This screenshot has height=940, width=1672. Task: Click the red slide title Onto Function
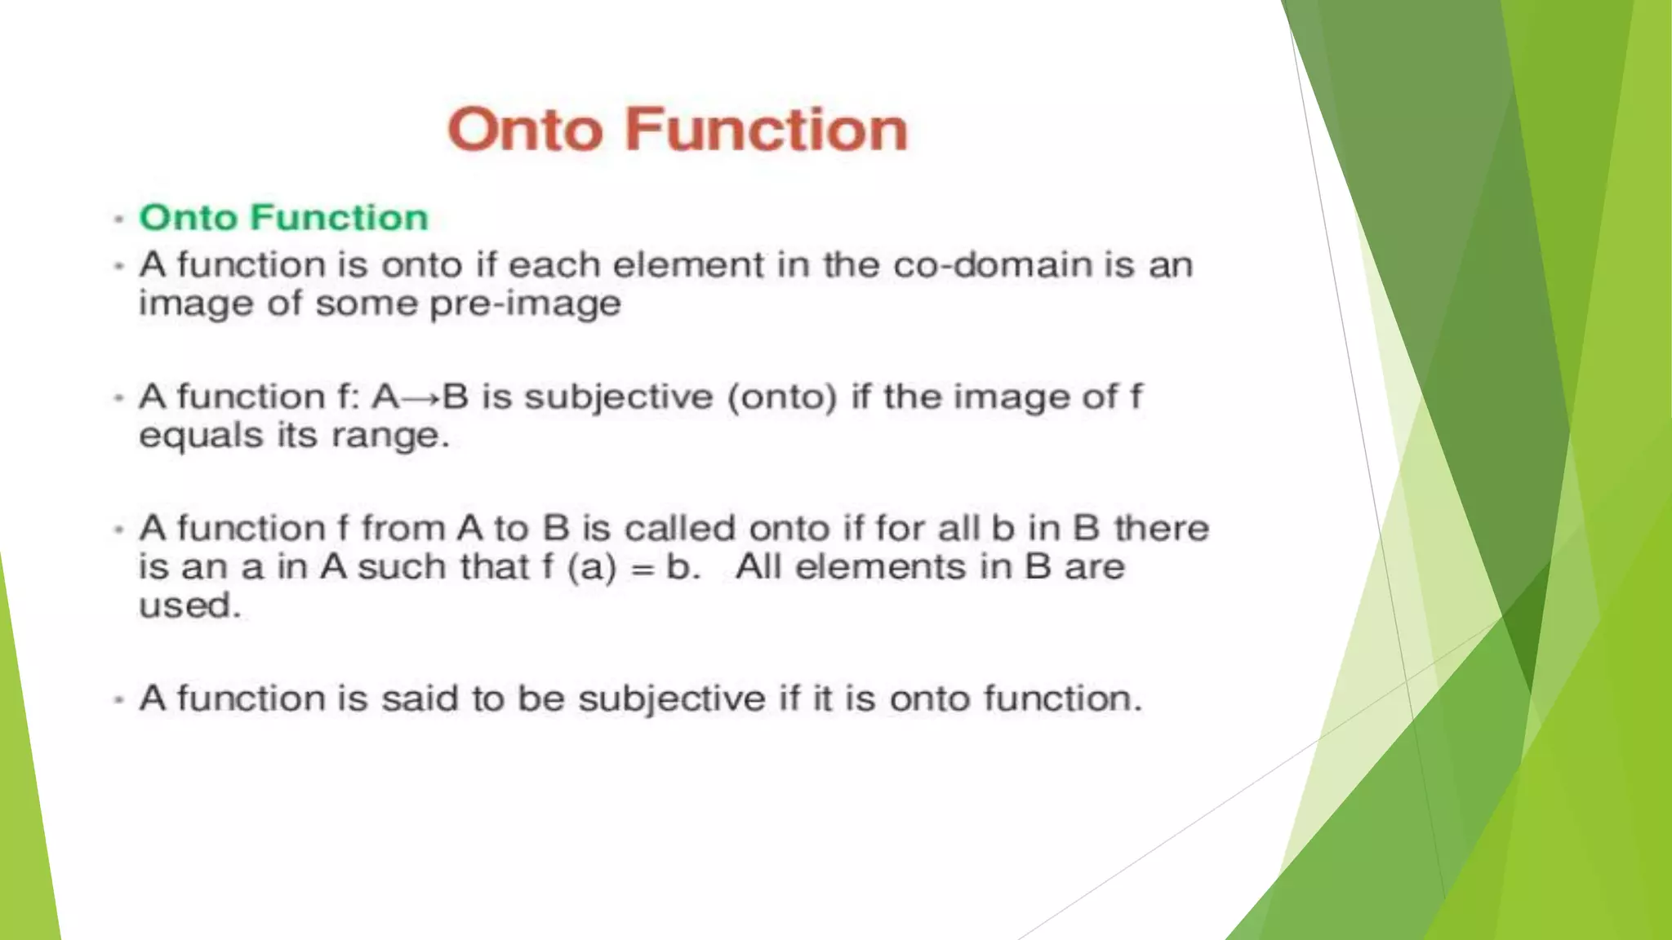point(677,130)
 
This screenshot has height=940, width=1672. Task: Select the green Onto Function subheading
point(283,218)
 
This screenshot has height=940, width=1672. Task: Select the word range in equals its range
point(390,436)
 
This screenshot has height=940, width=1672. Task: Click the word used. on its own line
point(190,605)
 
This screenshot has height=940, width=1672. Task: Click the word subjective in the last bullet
point(672,699)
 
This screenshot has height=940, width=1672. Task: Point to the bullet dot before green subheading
point(119,219)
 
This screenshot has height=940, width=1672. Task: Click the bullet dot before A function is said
point(119,700)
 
